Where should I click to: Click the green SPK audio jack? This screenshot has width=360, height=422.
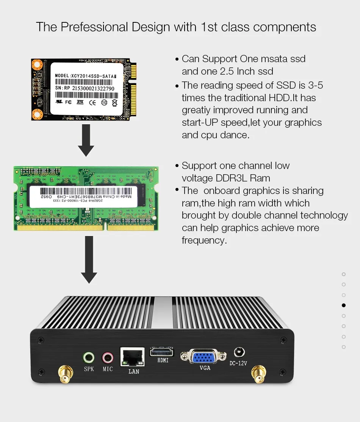coord(89,357)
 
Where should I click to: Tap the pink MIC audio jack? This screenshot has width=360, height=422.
coord(108,357)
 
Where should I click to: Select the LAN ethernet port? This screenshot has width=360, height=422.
coord(132,356)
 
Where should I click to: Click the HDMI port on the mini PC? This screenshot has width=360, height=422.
coord(162,351)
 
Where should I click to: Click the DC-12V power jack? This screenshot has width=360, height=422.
coord(239,352)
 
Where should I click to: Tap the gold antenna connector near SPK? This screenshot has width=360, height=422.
coord(63,375)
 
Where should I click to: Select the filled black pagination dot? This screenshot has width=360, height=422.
coord(344,305)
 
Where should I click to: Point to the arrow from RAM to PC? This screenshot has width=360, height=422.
coord(89,259)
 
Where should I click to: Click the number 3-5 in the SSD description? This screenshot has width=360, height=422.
coord(315,85)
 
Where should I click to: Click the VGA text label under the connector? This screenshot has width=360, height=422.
coord(205,368)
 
